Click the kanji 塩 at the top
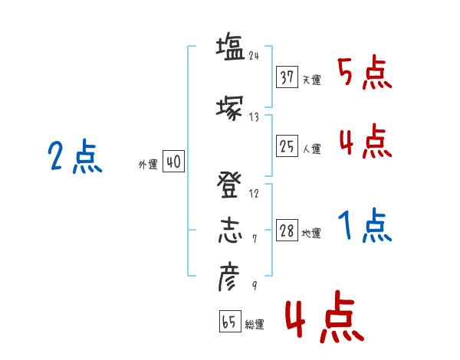pyautogui.click(x=230, y=47)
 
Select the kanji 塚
pyautogui.click(x=230, y=108)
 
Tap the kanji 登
pyautogui.click(x=230, y=185)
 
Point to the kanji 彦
pyautogui.click(x=230, y=277)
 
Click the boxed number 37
pyautogui.click(x=287, y=77)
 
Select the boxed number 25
pyautogui.click(x=287, y=146)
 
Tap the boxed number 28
pyautogui.click(x=287, y=231)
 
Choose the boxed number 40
pyautogui.click(x=173, y=162)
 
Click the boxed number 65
pyautogui.click(x=229, y=322)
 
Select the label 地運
pyautogui.click(x=311, y=234)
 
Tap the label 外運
pyautogui.click(x=148, y=165)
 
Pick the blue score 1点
pyautogui.click(x=364, y=226)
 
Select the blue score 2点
pyautogui.click(x=74, y=159)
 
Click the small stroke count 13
pyautogui.click(x=255, y=116)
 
